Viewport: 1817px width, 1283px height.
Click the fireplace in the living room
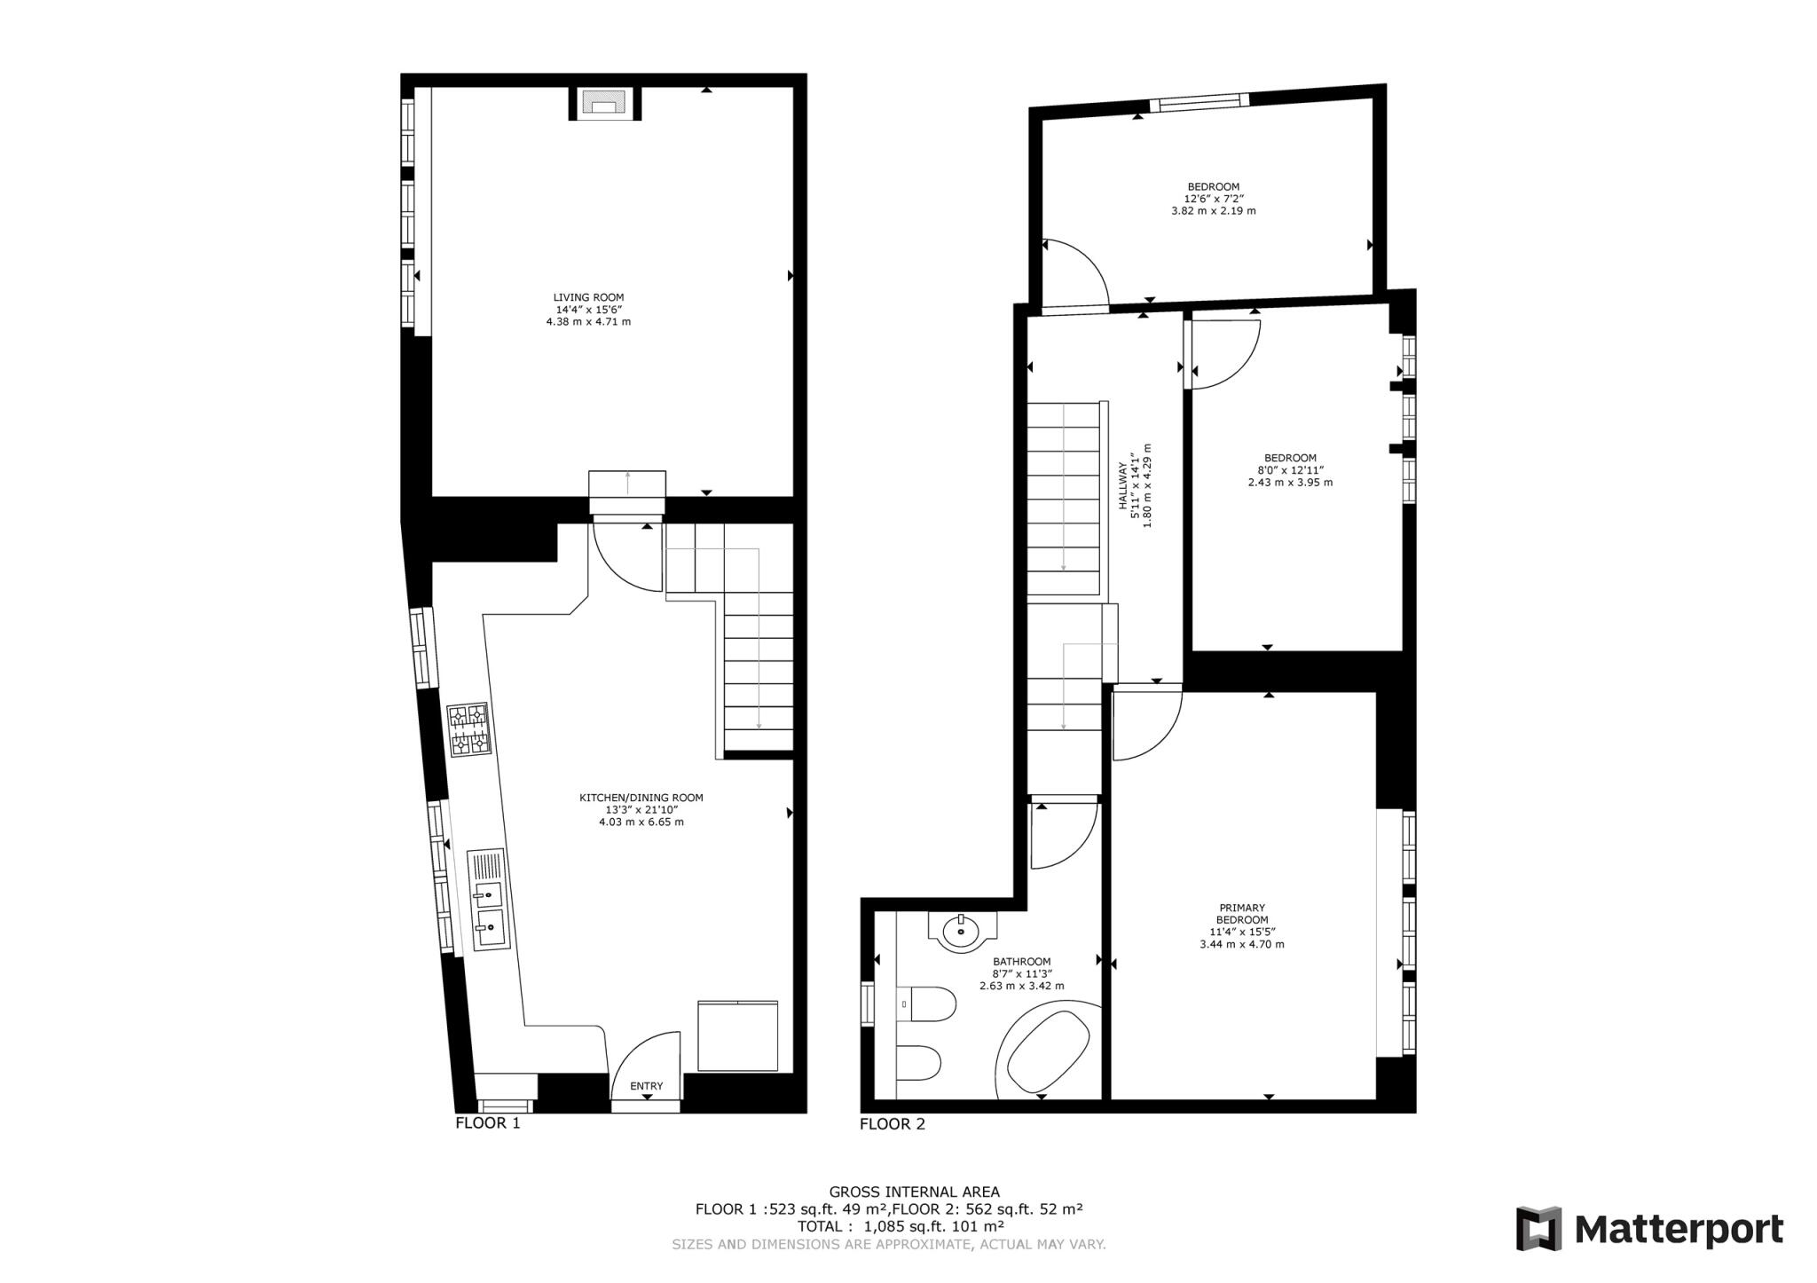click(603, 104)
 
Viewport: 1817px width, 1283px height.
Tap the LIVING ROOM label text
click(588, 298)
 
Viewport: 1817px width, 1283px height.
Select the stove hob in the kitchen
click(468, 729)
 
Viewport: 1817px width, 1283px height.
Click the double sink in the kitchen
click(489, 914)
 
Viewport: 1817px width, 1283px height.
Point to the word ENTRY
click(646, 1086)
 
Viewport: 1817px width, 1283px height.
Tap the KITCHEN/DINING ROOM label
click(641, 798)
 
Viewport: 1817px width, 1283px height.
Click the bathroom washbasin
click(961, 932)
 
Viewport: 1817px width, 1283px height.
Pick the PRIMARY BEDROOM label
click(1242, 914)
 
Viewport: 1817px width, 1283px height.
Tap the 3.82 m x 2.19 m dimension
click(1213, 211)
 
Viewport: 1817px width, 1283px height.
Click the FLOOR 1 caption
click(487, 1123)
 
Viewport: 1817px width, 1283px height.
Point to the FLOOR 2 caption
click(892, 1124)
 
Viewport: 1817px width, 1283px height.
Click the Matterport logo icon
click(1538, 1229)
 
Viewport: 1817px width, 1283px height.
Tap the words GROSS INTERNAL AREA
click(914, 1192)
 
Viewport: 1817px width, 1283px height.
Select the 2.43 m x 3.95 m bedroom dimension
click(1290, 483)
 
